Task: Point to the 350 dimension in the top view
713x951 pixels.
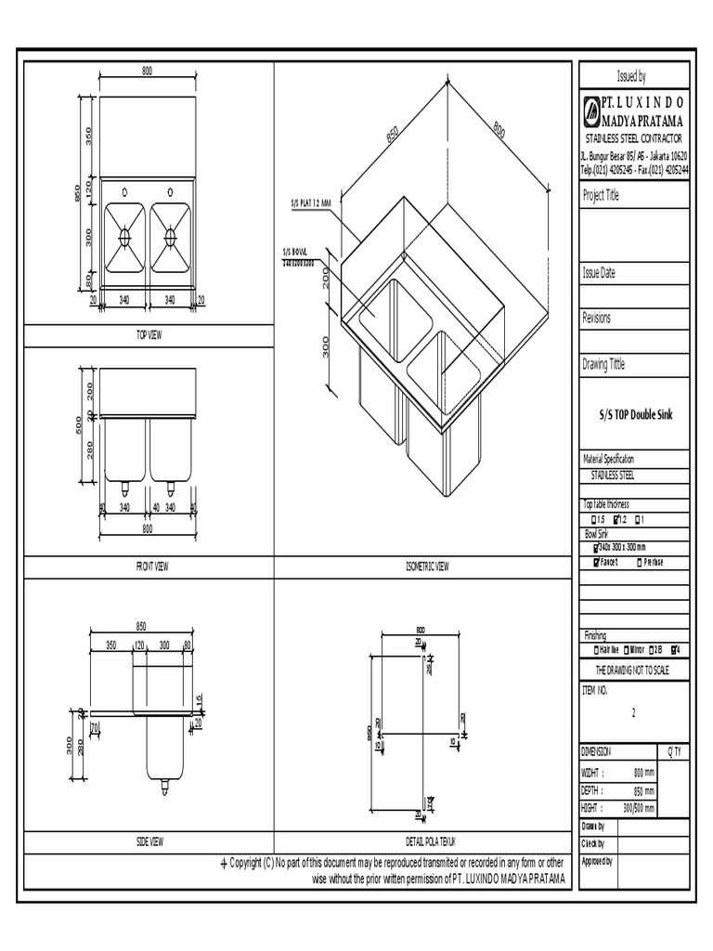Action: [88, 136]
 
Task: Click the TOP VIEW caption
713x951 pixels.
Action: [148, 335]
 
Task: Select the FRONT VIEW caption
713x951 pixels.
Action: [148, 566]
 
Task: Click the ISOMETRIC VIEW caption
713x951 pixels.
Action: [422, 566]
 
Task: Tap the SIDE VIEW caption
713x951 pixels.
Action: [149, 841]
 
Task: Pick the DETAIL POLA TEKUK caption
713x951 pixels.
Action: [422, 841]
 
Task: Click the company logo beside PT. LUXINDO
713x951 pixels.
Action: [591, 111]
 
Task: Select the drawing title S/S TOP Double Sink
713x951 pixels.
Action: [635, 414]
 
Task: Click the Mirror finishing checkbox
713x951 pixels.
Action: [628, 649]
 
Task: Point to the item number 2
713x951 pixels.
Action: [634, 713]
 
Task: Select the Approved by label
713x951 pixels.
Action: [597, 862]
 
